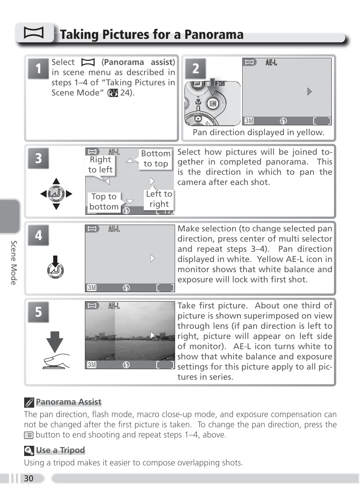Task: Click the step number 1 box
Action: click(38, 69)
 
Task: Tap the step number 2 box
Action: click(195, 69)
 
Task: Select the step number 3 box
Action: click(38, 158)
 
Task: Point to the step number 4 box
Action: click(38, 235)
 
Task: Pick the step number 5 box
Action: click(38, 312)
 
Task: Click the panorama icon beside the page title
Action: click(34, 33)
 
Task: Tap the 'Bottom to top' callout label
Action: click(156, 159)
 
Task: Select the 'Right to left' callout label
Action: click(100, 165)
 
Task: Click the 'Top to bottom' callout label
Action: click(104, 202)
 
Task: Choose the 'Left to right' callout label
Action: click(159, 199)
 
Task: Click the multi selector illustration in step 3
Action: click(56, 194)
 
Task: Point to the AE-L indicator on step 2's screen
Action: click(271, 63)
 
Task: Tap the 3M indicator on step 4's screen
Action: click(92, 288)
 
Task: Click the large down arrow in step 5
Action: click(55, 341)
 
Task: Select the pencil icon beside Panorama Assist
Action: click(29, 402)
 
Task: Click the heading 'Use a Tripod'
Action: click(60, 450)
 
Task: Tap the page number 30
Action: click(29, 478)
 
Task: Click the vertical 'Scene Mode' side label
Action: click(14, 262)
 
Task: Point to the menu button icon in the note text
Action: click(29, 435)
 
